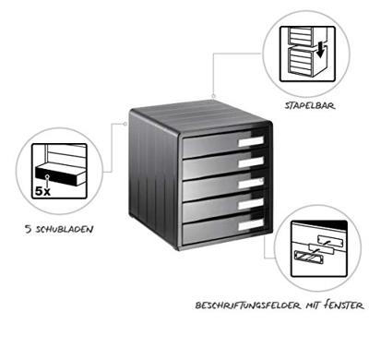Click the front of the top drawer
pyautogui.click(x=208, y=145)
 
